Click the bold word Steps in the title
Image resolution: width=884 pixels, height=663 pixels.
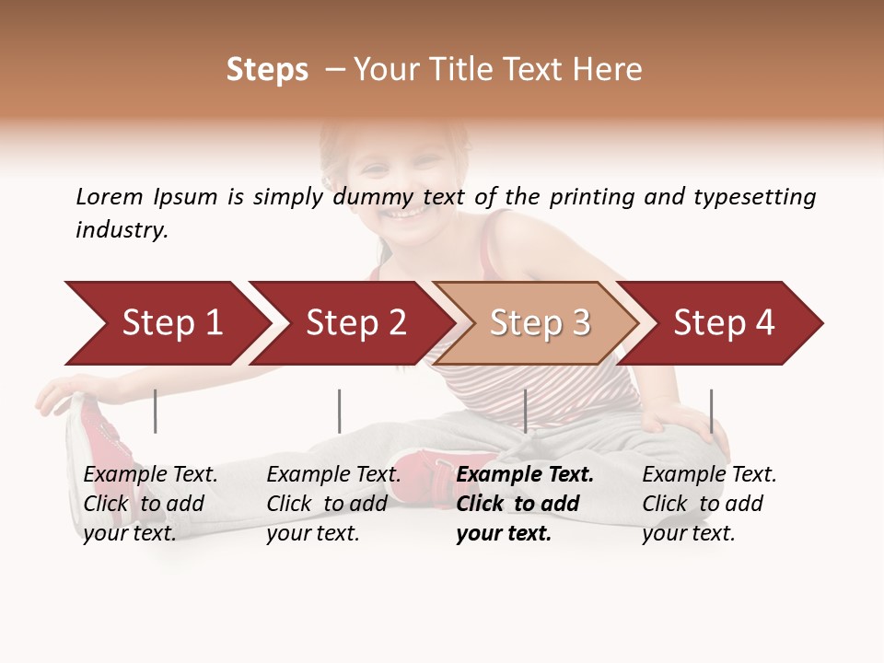(x=267, y=70)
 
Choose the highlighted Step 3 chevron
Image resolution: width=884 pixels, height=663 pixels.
(x=540, y=323)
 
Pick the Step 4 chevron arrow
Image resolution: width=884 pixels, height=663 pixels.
(x=724, y=323)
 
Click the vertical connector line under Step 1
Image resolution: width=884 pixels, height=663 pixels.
(x=155, y=411)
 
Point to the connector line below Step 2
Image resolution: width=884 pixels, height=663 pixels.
(x=339, y=411)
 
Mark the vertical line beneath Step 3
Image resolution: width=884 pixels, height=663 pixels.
(x=525, y=411)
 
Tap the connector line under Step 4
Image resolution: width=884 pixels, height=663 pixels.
(x=711, y=411)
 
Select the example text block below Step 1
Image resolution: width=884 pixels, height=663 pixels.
(x=150, y=503)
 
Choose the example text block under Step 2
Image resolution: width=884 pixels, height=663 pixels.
(x=333, y=503)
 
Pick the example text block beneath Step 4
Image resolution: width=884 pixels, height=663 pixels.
(x=709, y=503)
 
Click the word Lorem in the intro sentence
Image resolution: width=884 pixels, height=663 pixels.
(x=110, y=196)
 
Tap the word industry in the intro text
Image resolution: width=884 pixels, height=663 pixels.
(x=122, y=230)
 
